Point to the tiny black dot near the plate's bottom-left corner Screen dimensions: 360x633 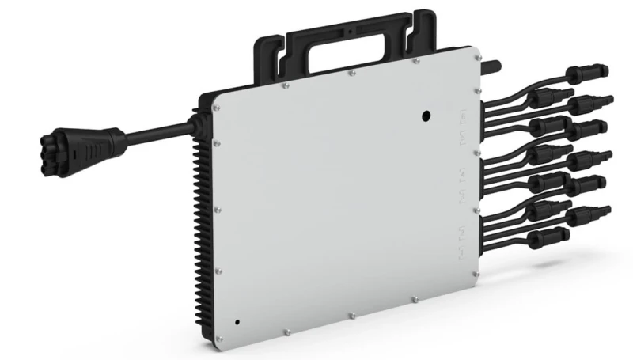click(237, 323)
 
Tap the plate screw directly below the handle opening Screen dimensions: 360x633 click(350, 74)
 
